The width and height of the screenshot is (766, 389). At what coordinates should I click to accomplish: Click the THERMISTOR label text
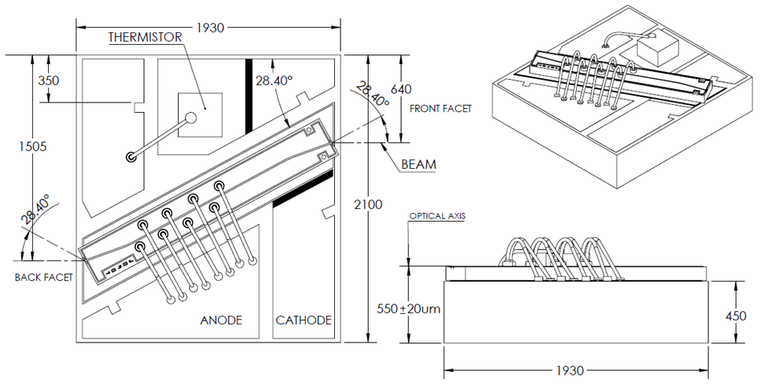tap(145, 37)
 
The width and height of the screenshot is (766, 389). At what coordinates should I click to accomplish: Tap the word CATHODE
tap(303, 320)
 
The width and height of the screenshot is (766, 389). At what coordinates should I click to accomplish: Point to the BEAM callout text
tap(418, 164)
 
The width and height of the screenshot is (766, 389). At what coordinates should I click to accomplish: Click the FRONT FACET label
tap(441, 108)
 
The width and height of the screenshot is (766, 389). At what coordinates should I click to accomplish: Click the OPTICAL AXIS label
tap(437, 215)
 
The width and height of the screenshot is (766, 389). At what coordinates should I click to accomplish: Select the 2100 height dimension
tap(367, 205)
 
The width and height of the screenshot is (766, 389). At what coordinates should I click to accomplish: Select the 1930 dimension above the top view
tap(209, 28)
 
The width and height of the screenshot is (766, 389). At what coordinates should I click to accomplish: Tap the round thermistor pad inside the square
tap(190, 119)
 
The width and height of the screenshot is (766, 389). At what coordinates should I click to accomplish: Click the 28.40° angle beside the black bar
tap(273, 80)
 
